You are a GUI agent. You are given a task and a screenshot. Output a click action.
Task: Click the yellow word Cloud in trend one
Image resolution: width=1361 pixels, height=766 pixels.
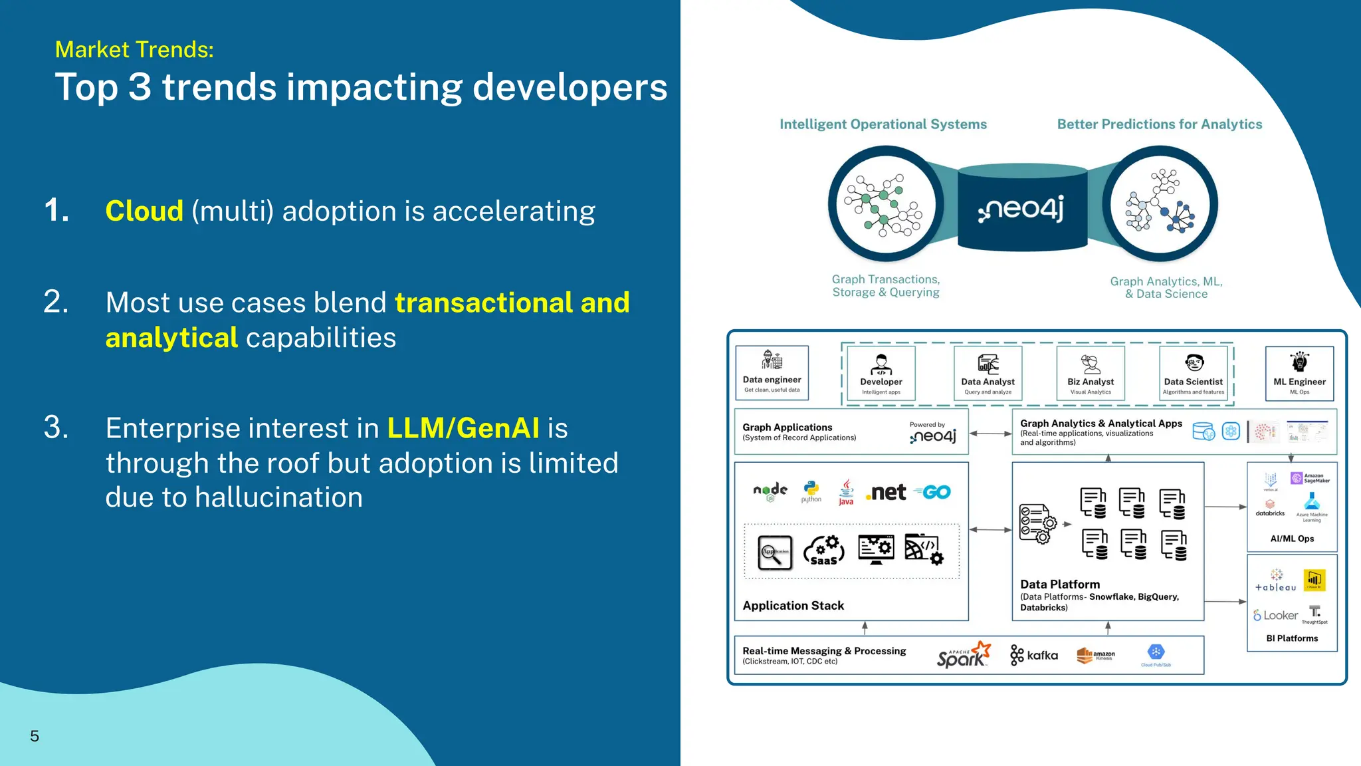click(x=144, y=211)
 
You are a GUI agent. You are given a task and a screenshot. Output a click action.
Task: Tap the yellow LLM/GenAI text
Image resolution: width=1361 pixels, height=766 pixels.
click(x=463, y=428)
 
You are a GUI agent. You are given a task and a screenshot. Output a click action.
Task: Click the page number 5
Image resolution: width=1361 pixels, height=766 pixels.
click(x=35, y=736)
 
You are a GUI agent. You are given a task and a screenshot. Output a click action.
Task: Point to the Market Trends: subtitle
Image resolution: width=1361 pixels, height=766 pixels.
click(x=134, y=50)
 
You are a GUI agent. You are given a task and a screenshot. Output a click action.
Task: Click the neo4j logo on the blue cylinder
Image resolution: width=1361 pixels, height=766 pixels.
click(x=1021, y=209)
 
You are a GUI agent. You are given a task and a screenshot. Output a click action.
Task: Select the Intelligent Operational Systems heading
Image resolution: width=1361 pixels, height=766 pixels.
click(x=883, y=124)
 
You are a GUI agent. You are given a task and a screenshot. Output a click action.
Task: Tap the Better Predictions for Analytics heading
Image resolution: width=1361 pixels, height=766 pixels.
click(x=1159, y=124)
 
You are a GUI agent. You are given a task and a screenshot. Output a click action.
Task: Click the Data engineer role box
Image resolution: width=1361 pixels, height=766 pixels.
click(x=772, y=373)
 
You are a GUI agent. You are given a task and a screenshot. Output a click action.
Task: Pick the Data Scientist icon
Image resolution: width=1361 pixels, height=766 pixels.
click(x=1194, y=363)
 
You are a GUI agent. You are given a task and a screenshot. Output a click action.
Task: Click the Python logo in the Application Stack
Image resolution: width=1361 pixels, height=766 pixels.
click(x=811, y=491)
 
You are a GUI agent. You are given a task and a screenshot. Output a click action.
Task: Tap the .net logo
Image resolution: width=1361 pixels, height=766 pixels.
click(x=886, y=493)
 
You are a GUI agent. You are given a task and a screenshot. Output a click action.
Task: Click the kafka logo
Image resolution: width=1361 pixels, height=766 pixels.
click(x=1034, y=656)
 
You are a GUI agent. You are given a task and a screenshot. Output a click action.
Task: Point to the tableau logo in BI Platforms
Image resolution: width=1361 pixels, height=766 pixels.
click(x=1275, y=581)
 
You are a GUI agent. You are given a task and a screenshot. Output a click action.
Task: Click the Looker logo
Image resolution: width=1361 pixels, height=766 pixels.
click(x=1275, y=616)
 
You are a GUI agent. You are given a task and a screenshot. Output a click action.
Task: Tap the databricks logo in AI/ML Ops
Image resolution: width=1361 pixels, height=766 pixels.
click(x=1270, y=509)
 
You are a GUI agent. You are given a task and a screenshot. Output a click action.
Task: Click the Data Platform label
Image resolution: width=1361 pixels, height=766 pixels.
click(x=1060, y=584)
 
